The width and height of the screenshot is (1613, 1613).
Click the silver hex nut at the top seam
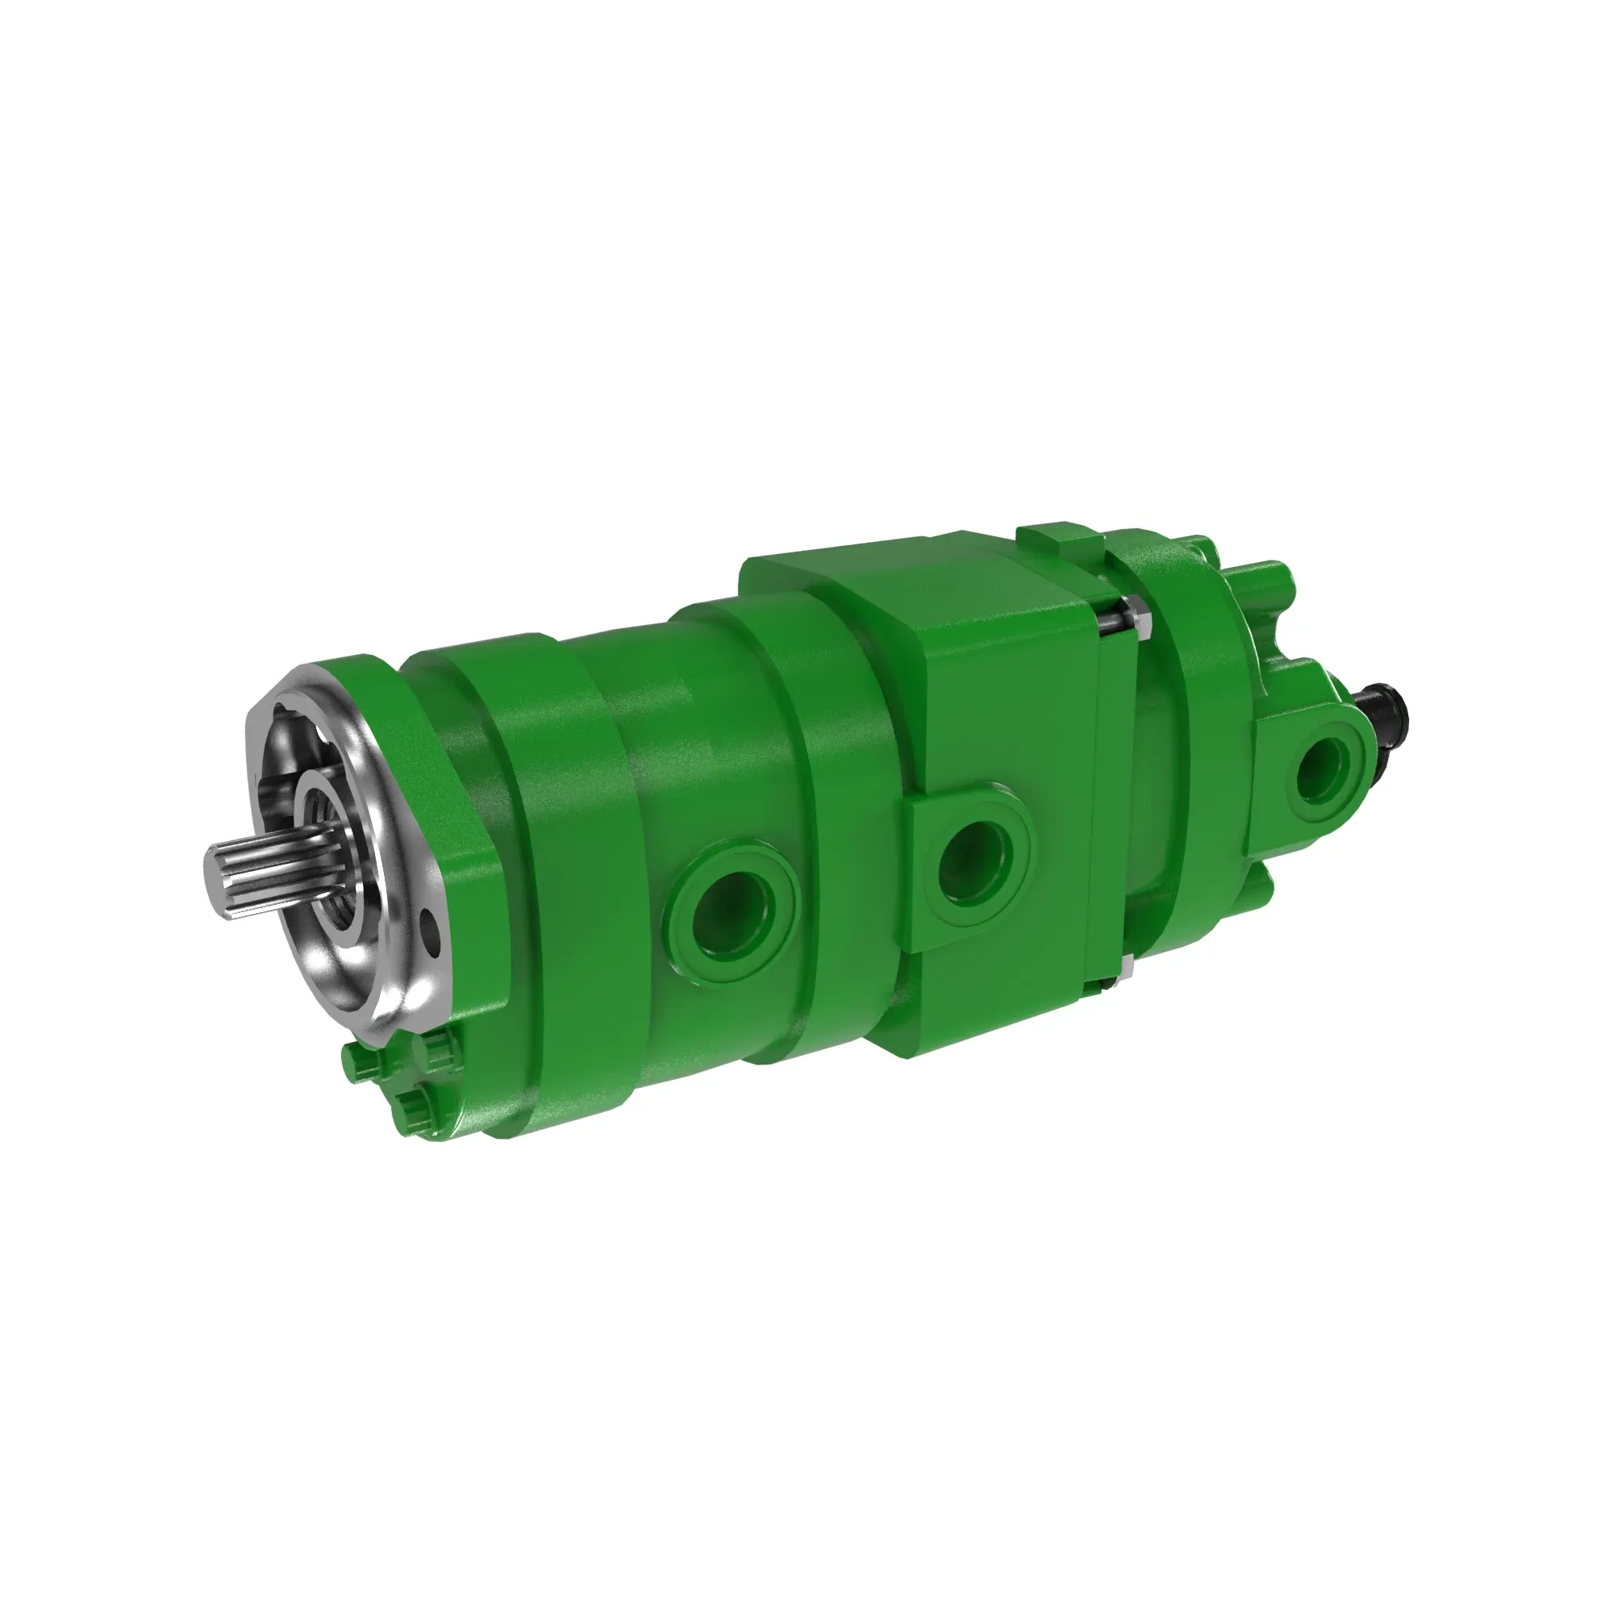click(x=1136, y=616)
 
